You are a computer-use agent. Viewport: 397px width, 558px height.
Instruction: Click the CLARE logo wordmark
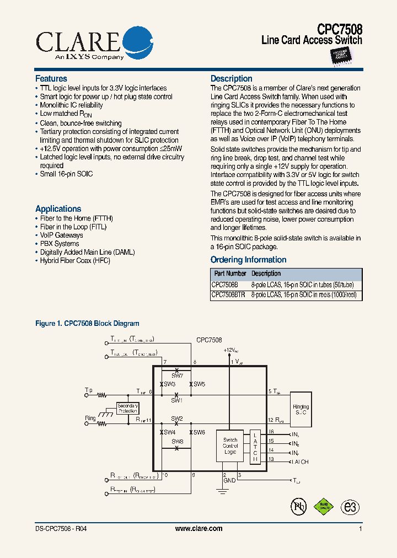(77, 40)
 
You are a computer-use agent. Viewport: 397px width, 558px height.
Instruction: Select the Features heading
(51, 79)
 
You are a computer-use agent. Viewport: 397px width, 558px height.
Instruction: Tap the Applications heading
(58, 209)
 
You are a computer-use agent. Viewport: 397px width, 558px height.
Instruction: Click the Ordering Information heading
(248, 260)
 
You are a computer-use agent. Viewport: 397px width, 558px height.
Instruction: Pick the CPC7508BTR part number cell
(228, 295)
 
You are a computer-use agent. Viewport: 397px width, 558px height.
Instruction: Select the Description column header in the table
(266, 273)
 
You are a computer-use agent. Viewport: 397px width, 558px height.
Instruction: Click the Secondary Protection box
(127, 408)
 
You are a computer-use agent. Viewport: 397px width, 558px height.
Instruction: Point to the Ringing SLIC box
(301, 409)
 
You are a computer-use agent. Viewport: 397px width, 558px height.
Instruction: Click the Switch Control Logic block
(230, 446)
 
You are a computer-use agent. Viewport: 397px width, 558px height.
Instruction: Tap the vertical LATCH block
(255, 446)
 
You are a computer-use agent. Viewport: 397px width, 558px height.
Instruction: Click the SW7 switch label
(176, 375)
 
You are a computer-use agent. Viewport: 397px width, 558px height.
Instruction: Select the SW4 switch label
(169, 432)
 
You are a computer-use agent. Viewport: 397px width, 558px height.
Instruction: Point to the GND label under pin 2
(229, 480)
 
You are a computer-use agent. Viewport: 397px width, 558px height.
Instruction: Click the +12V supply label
(230, 350)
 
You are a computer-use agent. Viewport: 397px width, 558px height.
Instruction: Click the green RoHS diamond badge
(324, 506)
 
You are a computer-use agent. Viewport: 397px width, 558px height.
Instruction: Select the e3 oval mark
(350, 507)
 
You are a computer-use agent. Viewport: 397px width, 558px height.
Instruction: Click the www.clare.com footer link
(198, 528)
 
